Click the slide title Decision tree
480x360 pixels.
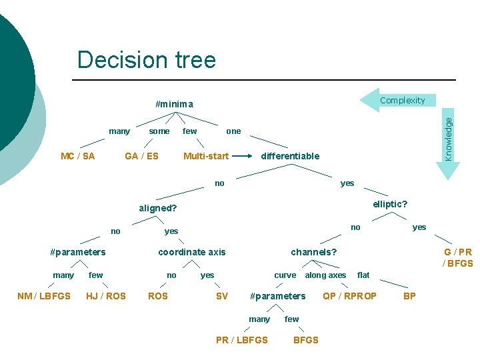(x=147, y=60)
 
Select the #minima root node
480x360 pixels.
(x=174, y=104)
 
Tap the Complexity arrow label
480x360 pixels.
(x=402, y=101)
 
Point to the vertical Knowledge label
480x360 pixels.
(x=449, y=138)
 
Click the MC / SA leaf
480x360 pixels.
(x=77, y=156)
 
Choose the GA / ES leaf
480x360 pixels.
(x=142, y=156)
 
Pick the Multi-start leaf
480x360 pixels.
(x=206, y=156)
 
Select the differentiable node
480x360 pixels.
(x=290, y=156)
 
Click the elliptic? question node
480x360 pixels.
(x=390, y=204)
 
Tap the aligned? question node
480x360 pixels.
(x=158, y=208)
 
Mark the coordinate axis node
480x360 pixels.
(x=191, y=252)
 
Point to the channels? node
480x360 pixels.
(x=314, y=252)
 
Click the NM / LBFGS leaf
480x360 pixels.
(x=43, y=296)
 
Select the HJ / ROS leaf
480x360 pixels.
(x=106, y=296)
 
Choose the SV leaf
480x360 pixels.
(x=222, y=296)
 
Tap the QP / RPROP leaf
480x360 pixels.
(x=349, y=296)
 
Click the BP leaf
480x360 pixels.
(x=410, y=296)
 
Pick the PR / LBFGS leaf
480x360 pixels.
(x=242, y=340)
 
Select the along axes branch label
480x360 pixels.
(x=325, y=275)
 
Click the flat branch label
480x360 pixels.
(x=363, y=275)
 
